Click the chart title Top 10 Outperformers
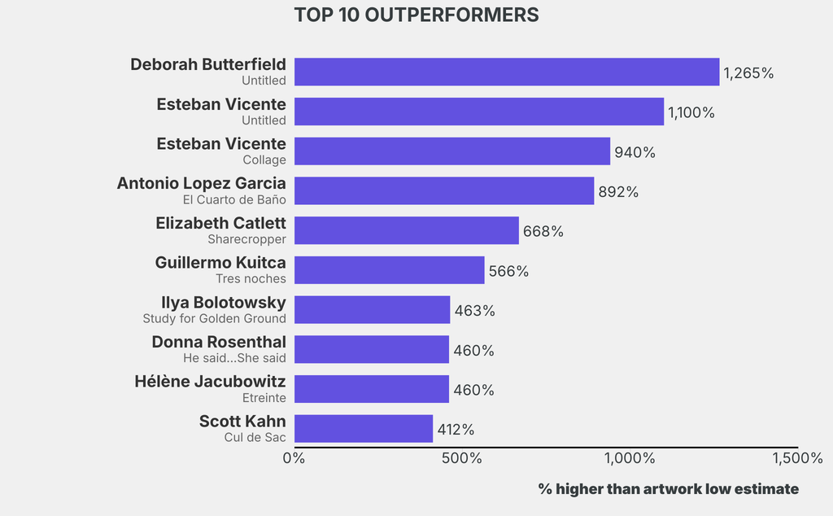pos(416,15)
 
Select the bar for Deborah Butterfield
pos(507,72)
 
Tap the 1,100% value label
pos(691,112)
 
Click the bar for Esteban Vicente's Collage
pos(452,151)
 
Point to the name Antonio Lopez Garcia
pos(202,183)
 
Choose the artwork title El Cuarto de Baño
pos(234,200)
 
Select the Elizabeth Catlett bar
pos(407,230)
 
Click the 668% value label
pos(543,232)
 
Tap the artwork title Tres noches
pos(251,279)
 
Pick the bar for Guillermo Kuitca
pos(390,270)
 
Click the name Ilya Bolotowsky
pos(224,303)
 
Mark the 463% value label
pos(474,311)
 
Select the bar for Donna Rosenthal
pos(371,349)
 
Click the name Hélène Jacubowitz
pos(210,382)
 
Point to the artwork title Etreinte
pos(264,398)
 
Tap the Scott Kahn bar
pos(364,428)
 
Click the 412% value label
pos(456,430)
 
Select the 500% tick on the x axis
pos(462,458)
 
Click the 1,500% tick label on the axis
pos(797,458)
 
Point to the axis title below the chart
pos(669,489)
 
